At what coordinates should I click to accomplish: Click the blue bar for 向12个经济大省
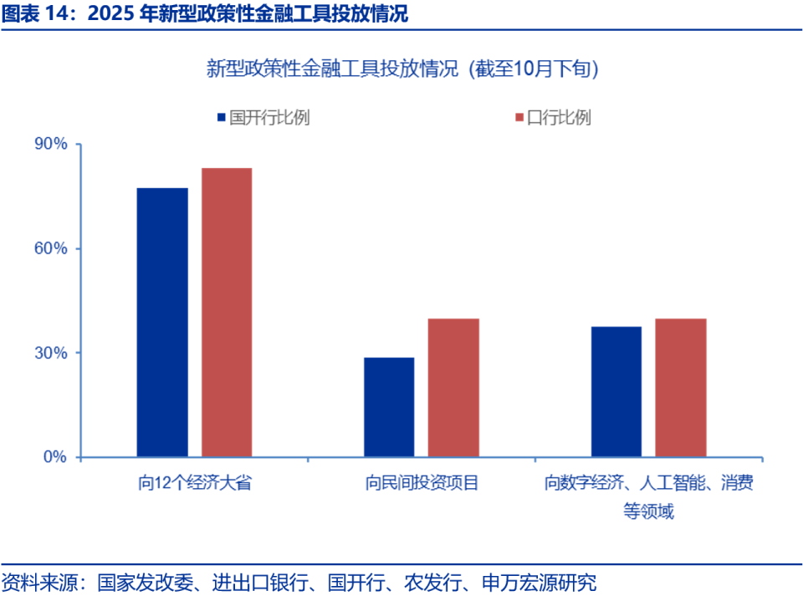click(x=162, y=323)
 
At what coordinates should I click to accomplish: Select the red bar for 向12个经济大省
click(x=227, y=313)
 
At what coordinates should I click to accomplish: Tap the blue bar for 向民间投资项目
click(x=389, y=407)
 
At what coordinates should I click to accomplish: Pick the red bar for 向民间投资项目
click(x=453, y=388)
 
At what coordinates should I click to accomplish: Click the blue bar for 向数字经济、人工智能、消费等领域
click(x=616, y=391)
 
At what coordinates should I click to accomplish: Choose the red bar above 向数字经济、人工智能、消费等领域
click(x=681, y=388)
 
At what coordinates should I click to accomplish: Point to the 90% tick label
click(x=50, y=145)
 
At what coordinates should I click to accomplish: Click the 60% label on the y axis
click(x=50, y=249)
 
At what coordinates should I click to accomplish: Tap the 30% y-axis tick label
click(x=50, y=353)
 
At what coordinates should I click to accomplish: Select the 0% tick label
click(x=55, y=457)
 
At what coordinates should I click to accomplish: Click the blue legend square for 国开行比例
click(x=222, y=118)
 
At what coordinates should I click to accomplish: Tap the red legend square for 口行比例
click(x=519, y=118)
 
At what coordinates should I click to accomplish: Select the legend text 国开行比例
click(x=269, y=118)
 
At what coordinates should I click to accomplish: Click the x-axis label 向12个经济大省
click(x=195, y=483)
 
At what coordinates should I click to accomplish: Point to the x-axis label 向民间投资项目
click(x=422, y=483)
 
